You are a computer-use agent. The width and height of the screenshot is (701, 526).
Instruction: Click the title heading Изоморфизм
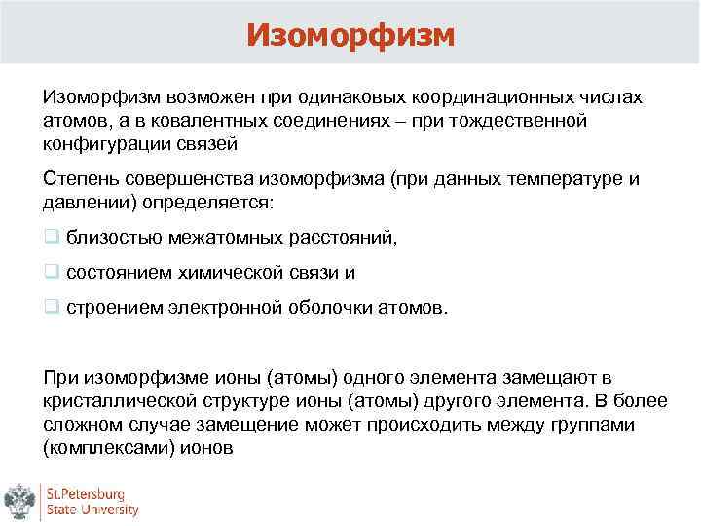coord(350,34)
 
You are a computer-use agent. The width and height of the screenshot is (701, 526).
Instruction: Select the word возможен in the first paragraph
coord(208,98)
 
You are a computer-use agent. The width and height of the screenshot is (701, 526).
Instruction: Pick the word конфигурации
coord(102,143)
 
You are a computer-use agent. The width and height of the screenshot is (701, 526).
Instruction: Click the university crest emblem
coord(20,500)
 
